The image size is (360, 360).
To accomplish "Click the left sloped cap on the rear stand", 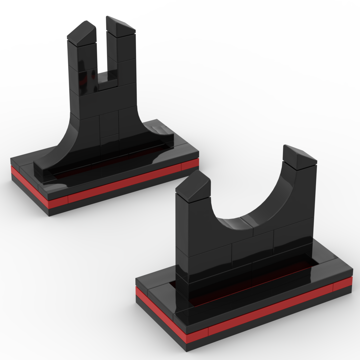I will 82,33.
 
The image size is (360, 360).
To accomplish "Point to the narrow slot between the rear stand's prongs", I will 101,50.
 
